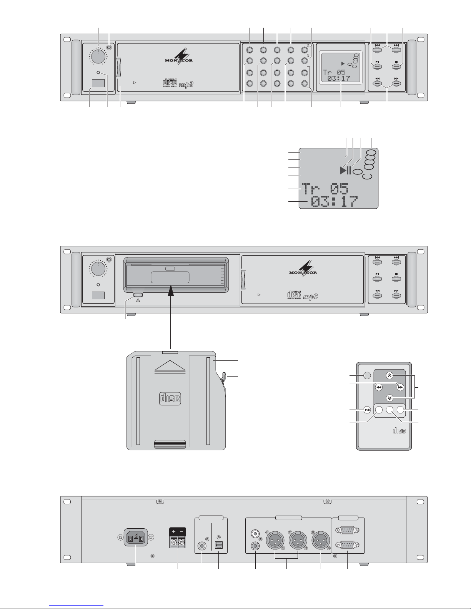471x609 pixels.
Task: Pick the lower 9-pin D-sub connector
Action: click(347, 545)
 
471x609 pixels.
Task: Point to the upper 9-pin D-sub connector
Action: click(347, 530)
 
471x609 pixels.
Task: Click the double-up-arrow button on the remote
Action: click(389, 375)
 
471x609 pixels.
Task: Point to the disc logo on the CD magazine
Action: click(170, 398)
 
